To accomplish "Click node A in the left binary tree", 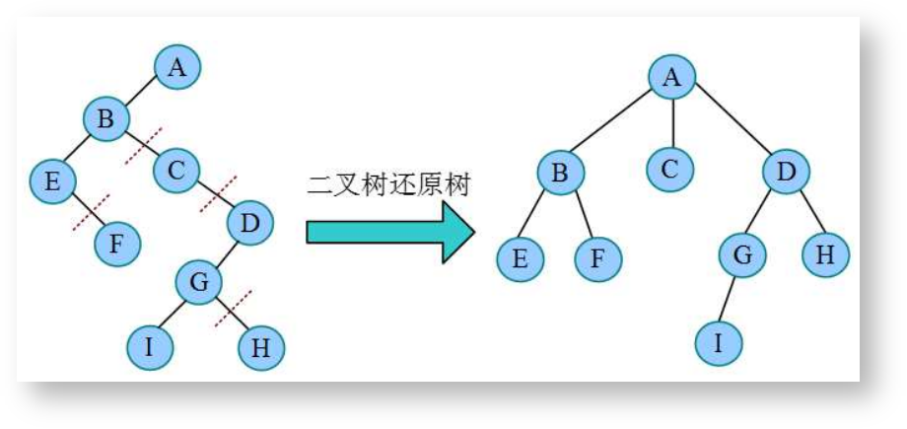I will [176, 68].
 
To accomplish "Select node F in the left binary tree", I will [117, 244].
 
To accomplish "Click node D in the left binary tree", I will [250, 224].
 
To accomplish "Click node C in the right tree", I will [670, 169].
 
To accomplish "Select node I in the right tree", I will [718, 343].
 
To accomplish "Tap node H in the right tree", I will [825, 255].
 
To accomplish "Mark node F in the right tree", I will [598, 259].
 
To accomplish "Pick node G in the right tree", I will [742, 255].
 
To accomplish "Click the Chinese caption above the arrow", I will [389, 183].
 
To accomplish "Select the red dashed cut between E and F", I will [91, 212].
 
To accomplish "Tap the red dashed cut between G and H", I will [233, 309].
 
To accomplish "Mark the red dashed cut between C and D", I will [218, 194].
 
